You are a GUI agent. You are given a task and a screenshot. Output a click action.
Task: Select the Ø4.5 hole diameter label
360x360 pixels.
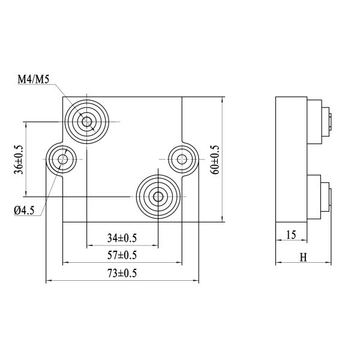click(x=25, y=209)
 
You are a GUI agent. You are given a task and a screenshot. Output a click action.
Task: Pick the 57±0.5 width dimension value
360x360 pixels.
click(x=122, y=255)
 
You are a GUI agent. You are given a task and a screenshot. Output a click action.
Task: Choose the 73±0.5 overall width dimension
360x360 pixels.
click(x=122, y=274)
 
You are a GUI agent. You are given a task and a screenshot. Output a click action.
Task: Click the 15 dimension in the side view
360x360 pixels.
click(x=291, y=235)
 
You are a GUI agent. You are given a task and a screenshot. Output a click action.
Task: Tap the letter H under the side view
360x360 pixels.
click(x=303, y=257)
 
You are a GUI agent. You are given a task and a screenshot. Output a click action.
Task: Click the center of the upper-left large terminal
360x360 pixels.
click(x=88, y=122)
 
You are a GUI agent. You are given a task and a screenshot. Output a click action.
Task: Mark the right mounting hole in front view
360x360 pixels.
click(x=182, y=160)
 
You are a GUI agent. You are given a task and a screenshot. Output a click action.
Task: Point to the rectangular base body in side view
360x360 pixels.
click(x=291, y=159)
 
